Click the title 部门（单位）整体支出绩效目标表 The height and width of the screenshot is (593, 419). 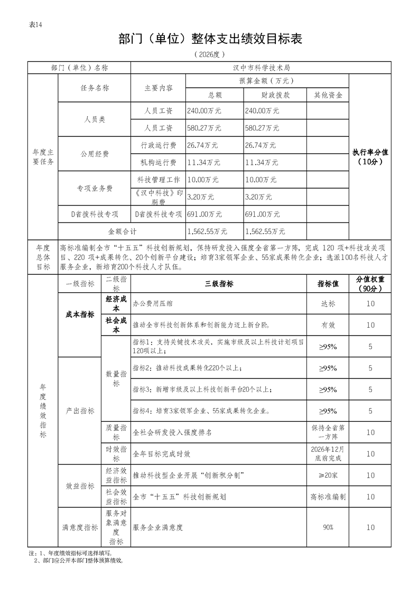(x=210, y=40)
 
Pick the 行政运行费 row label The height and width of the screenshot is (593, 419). (x=159, y=145)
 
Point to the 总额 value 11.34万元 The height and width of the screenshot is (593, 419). (x=204, y=162)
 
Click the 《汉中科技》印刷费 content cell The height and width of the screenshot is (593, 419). (x=159, y=197)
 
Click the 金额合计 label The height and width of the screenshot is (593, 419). (x=122, y=231)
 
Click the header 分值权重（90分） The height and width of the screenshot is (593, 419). (x=370, y=284)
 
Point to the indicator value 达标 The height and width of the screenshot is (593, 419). (x=328, y=304)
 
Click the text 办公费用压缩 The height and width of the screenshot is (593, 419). (x=151, y=304)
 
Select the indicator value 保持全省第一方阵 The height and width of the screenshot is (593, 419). (x=328, y=432)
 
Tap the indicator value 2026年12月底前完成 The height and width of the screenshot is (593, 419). (x=328, y=453)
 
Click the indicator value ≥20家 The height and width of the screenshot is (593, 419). (x=328, y=476)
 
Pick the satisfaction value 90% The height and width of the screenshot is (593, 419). (x=328, y=527)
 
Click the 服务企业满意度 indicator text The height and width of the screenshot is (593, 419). (x=158, y=527)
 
